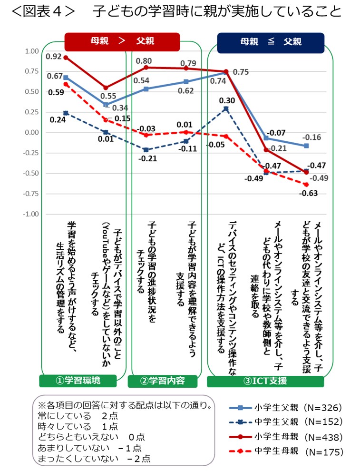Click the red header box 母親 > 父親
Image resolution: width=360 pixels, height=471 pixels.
[122, 41]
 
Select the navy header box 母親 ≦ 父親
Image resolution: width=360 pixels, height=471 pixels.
[271, 42]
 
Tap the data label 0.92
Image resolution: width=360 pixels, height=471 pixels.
[53, 57]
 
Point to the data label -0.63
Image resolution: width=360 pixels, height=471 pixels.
[309, 193]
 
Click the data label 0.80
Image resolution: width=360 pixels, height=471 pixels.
[144, 61]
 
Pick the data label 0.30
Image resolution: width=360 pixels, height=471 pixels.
[227, 101]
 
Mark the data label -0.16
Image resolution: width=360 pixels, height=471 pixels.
[313, 137]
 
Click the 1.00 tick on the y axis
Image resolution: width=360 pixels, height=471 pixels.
[31, 51]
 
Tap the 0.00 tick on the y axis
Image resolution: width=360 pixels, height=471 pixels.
[31, 132]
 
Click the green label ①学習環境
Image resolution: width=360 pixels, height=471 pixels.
[78, 380]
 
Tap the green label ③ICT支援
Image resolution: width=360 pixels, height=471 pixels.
[265, 381]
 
